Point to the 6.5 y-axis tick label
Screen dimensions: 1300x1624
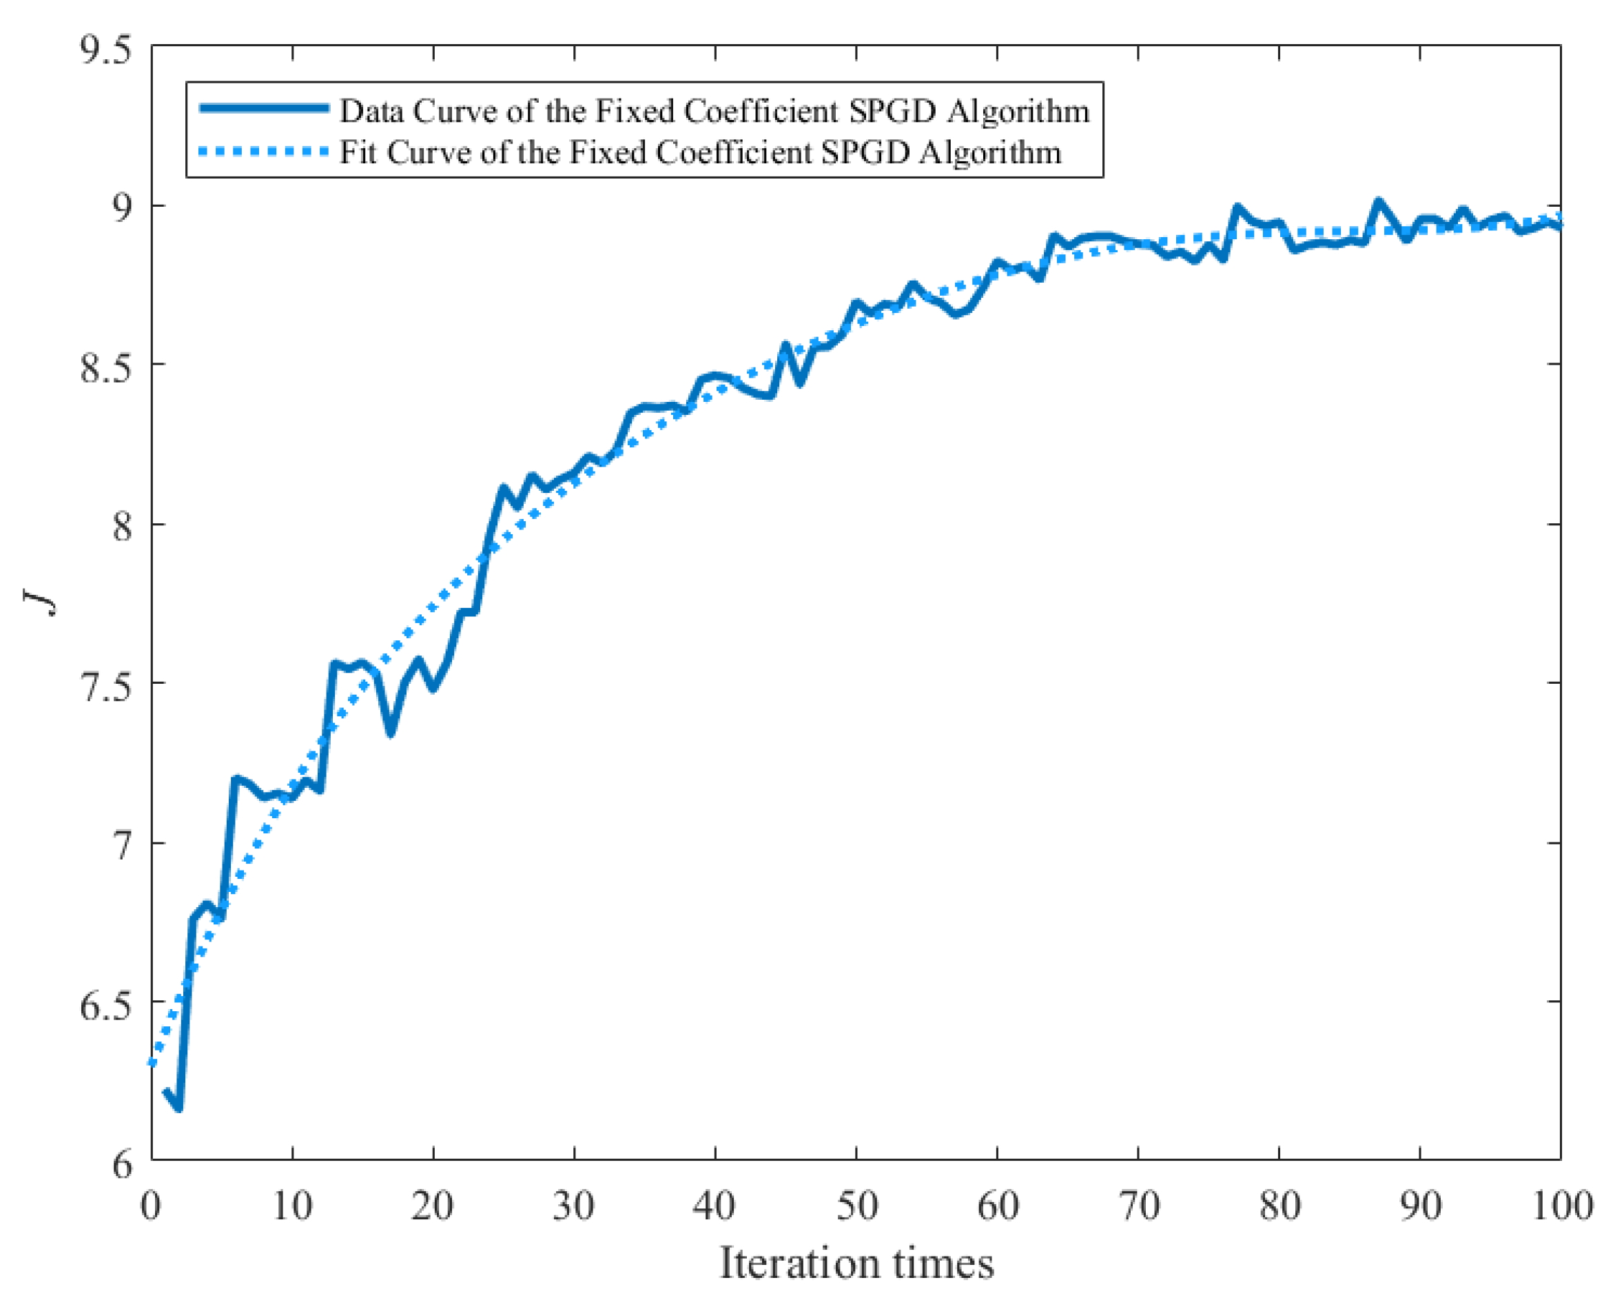point(105,1006)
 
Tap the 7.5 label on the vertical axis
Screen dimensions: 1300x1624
point(105,687)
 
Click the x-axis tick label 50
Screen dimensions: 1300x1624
point(856,1206)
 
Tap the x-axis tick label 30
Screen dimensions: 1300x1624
point(574,1206)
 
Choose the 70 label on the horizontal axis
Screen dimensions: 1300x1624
point(1138,1206)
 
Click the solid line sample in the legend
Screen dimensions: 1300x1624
point(264,108)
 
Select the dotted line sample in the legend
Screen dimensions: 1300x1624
point(264,152)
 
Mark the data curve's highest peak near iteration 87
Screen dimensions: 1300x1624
point(1379,202)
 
